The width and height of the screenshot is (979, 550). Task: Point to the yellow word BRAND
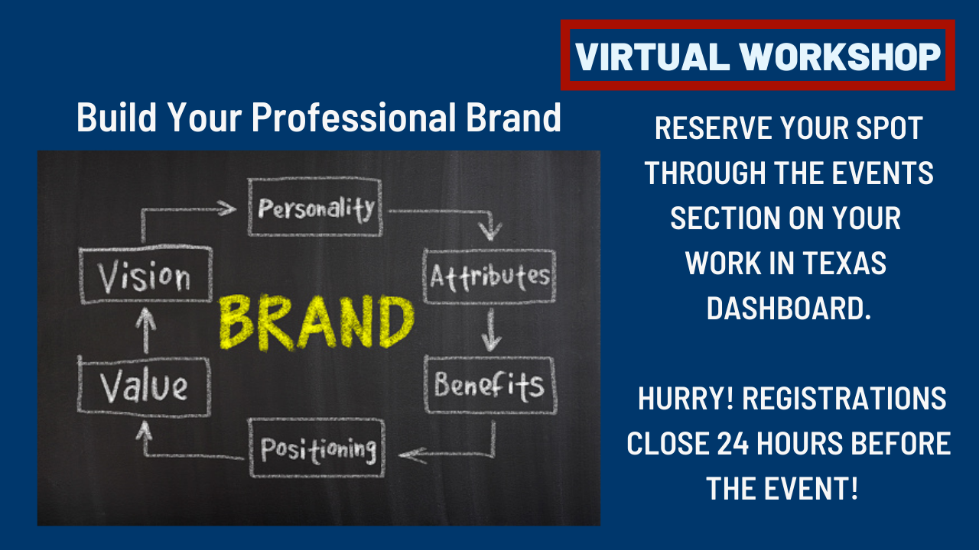[x=317, y=323]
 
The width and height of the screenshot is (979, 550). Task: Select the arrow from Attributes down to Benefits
[x=491, y=329]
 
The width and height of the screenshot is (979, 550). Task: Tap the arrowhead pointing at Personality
[x=227, y=209]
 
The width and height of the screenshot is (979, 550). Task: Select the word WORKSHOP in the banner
[x=840, y=57]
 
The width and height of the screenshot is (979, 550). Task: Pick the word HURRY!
[x=686, y=398]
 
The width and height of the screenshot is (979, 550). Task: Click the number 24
[x=733, y=444]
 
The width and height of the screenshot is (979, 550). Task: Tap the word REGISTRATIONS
[x=844, y=398]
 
